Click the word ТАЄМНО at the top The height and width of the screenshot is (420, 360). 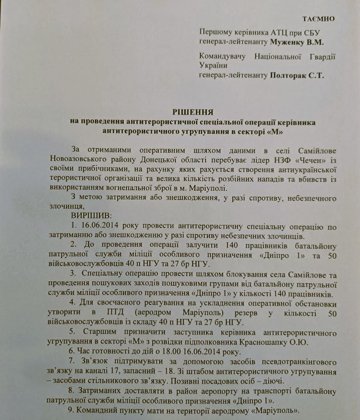318,19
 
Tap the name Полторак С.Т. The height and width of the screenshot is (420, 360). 297,75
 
